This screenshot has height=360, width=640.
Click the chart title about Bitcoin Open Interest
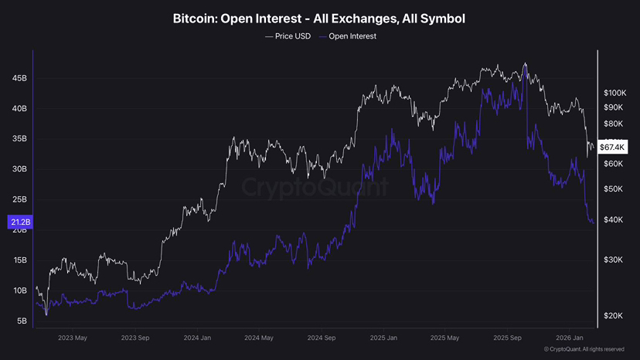tap(319, 18)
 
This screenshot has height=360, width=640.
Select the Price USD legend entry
tap(288, 36)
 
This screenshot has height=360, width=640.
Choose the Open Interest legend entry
tap(347, 36)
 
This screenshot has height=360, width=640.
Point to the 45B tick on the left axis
tap(19, 78)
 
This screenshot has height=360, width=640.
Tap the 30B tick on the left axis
tap(19, 169)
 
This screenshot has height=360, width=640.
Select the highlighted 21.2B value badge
tap(19, 223)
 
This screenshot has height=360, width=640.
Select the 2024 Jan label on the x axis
tap(197, 338)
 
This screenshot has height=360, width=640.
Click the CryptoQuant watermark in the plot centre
tap(315, 186)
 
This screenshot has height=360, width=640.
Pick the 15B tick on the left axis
tap(19, 260)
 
